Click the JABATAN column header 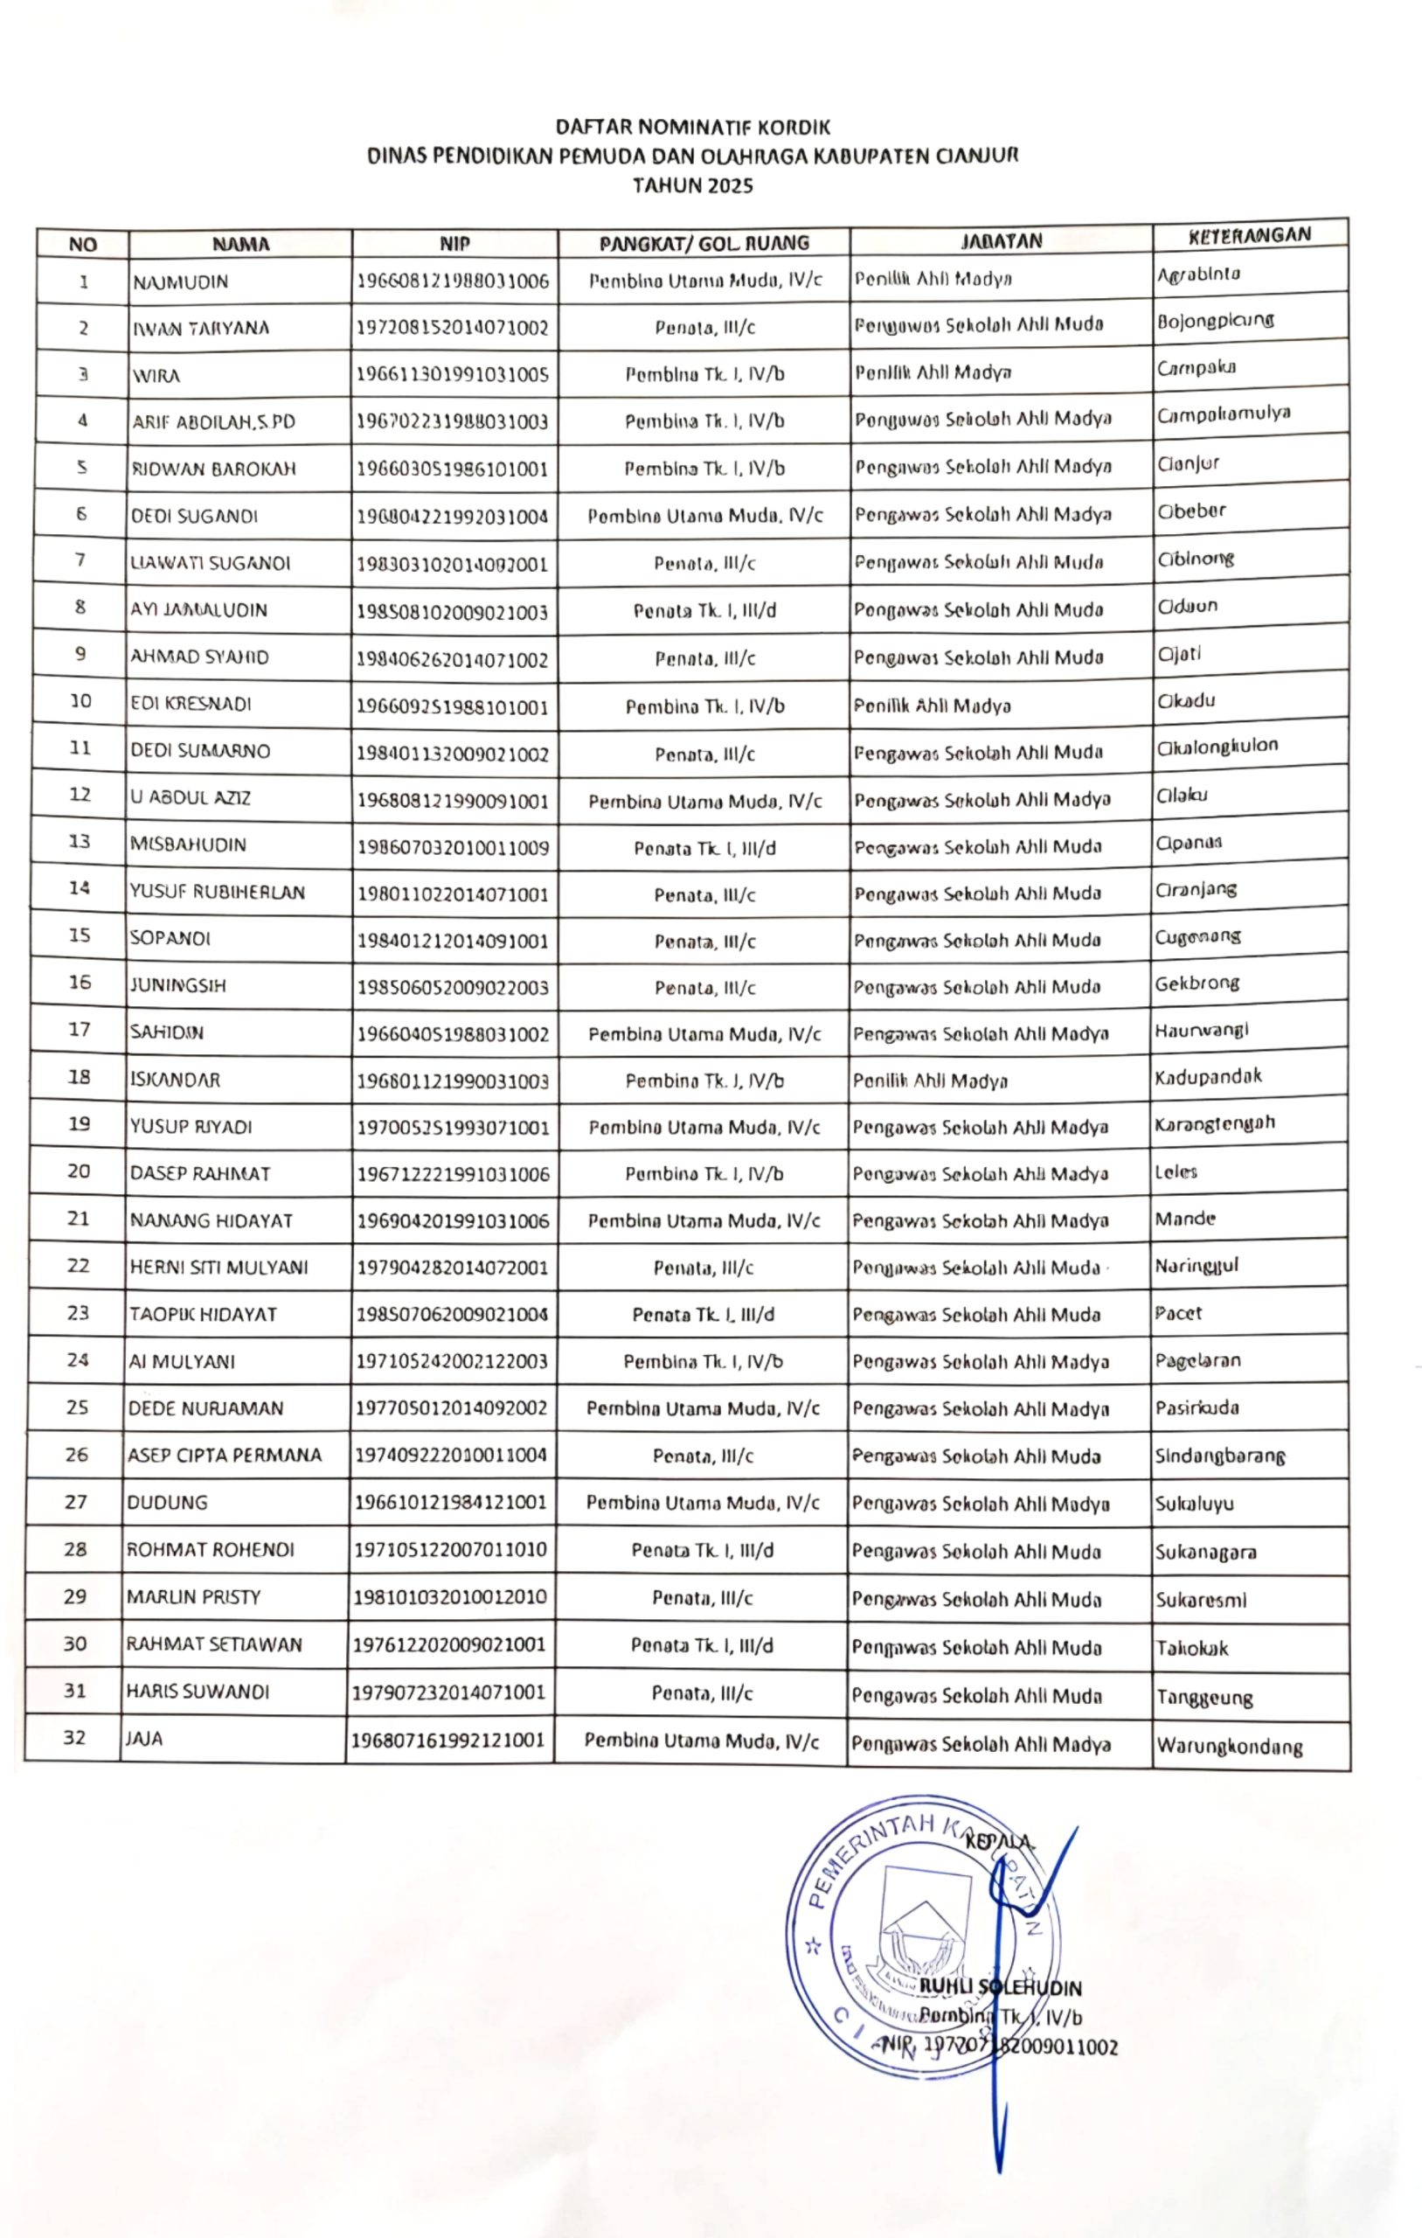tap(1000, 241)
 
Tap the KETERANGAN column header tap(1249, 235)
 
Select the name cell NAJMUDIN tap(180, 282)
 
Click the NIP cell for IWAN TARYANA tap(453, 328)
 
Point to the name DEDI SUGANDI tap(194, 517)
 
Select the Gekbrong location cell tap(1197, 983)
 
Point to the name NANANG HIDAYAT tap(211, 1221)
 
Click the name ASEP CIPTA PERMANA tap(224, 1456)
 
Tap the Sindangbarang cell tap(1219, 1456)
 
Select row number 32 tap(74, 1737)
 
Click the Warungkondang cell tap(1229, 1747)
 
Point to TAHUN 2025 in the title tap(692, 186)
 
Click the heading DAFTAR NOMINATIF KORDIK tap(692, 128)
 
